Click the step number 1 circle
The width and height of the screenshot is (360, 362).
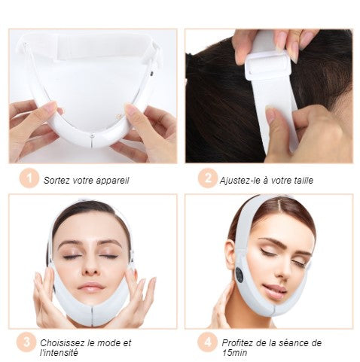tap(29, 178)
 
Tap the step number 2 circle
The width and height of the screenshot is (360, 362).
tap(207, 178)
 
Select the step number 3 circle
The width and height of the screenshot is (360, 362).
tap(26, 342)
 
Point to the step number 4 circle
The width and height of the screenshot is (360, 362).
tap(207, 342)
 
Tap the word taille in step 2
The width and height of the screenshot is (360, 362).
tap(304, 180)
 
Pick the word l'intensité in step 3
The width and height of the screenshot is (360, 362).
tap(59, 353)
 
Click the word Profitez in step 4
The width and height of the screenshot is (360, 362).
tap(237, 342)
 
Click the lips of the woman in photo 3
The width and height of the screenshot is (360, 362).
tap(91, 287)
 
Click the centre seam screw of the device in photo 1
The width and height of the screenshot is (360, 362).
tap(93, 135)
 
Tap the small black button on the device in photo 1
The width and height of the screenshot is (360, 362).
tap(151, 74)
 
